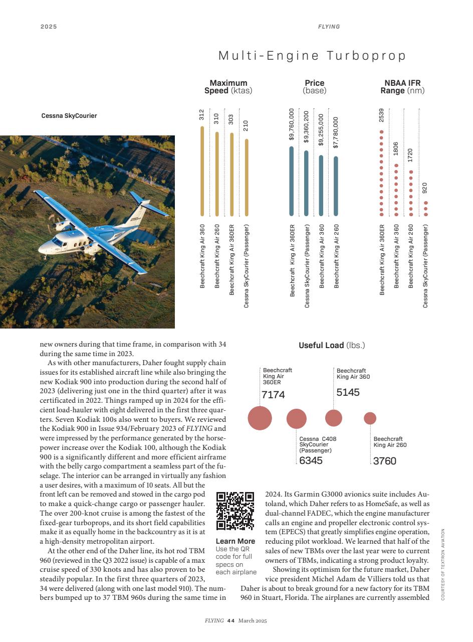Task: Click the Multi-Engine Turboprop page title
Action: pyautogui.click(x=312, y=56)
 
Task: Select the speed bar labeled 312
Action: pyautogui.click(x=202, y=171)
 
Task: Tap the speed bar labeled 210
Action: pyautogui.click(x=246, y=178)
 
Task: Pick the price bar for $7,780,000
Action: pyautogui.click(x=336, y=186)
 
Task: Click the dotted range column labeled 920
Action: pyautogui.click(x=426, y=209)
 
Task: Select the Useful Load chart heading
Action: pyautogui.click(x=332, y=346)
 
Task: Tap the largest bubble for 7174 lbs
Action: pyautogui.click(x=260, y=418)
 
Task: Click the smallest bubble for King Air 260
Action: pyautogui.click(x=370, y=418)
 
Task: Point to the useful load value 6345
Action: pyautogui.click(x=311, y=460)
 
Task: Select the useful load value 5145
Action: pyautogui.click(x=348, y=393)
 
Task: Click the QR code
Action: pyautogui.click(x=235, y=511)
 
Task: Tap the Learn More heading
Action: pyautogui.click(x=235, y=541)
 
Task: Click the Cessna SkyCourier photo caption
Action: pyautogui.click(x=69, y=116)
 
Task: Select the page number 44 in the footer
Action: pyautogui.click(x=230, y=621)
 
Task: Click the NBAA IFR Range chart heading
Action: pyautogui.click(x=402, y=87)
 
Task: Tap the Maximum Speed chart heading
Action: pyautogui.click(x=228, y=87)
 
